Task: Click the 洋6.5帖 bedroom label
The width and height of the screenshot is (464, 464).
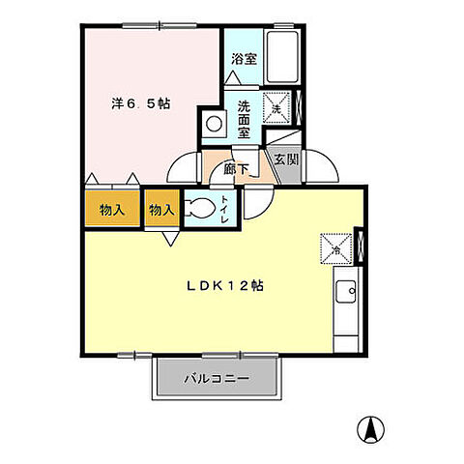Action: click(x=141, y=101)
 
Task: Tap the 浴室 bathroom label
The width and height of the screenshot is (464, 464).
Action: click(x=244, y=59)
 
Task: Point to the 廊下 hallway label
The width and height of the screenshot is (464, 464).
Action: click(x=237, y=168)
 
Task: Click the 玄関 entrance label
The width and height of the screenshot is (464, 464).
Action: click(x=283, y=160)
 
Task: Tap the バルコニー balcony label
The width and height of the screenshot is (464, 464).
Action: click(x=217, y=378)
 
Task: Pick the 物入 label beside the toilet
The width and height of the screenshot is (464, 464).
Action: click(x=161, y=209)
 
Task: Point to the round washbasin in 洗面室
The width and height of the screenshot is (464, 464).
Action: click(x=213, y=124)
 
